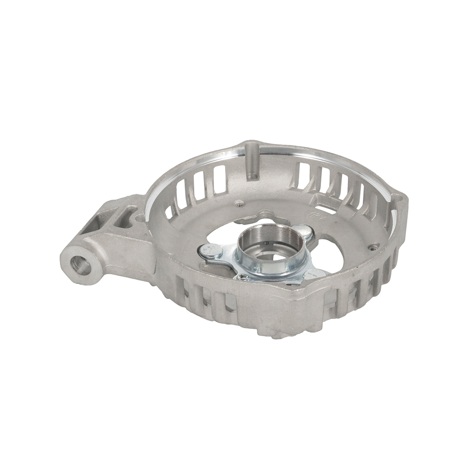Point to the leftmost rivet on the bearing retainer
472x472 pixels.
point(211,251)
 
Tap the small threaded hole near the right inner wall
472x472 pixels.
point(373,246)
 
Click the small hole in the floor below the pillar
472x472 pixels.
point(240,203)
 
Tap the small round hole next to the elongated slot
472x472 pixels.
point(140,218)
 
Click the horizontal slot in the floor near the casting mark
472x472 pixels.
point(326,209)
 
